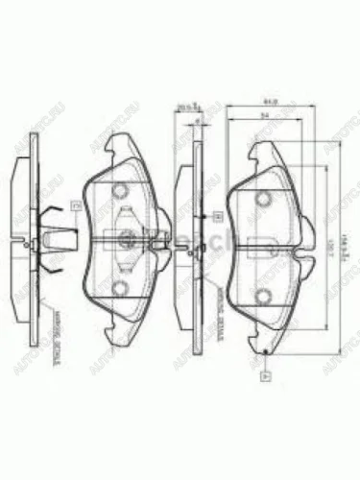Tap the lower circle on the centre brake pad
click(x=122, y=288)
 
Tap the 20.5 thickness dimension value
click(x=184, y=108)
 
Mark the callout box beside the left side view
click(x=73, y=204)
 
